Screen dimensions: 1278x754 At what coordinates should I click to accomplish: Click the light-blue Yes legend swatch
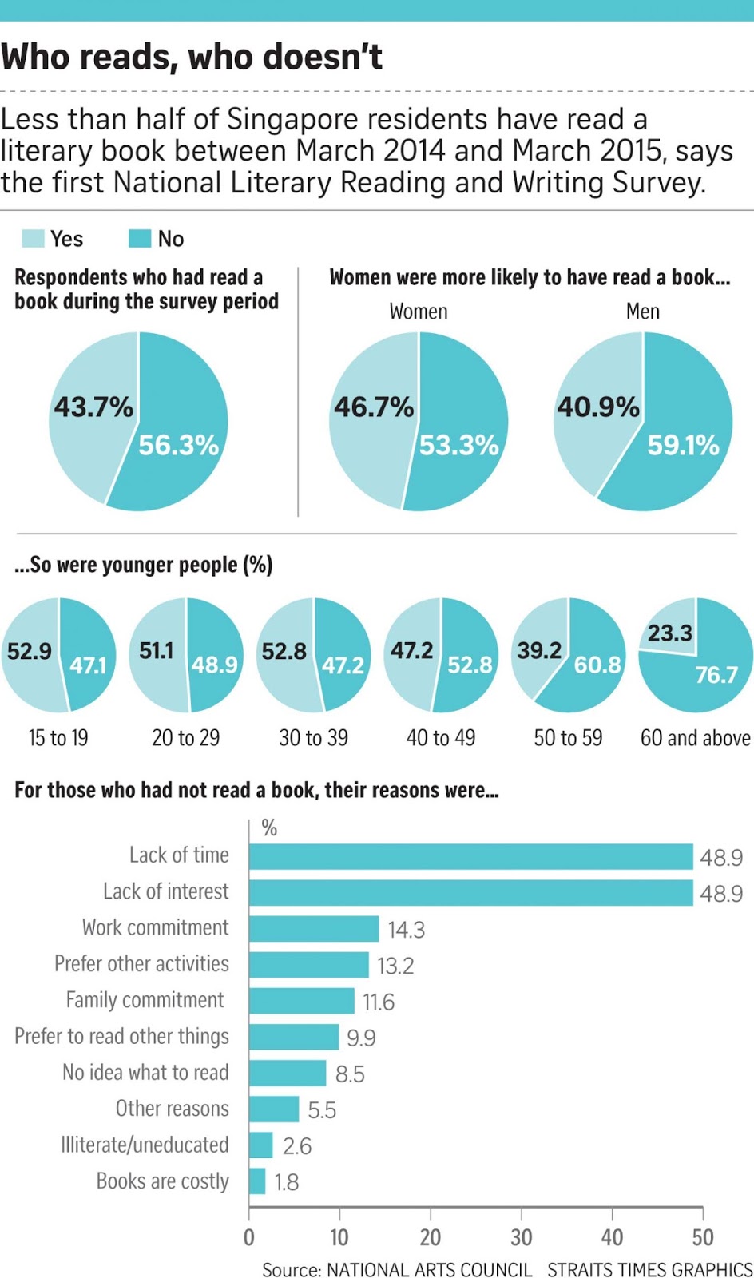33,239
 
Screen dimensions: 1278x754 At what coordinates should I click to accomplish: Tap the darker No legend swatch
140,239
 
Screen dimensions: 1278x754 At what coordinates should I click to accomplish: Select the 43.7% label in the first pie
93,407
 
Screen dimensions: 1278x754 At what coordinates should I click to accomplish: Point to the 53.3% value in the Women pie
458,445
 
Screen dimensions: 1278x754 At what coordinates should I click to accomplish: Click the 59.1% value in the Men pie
683,445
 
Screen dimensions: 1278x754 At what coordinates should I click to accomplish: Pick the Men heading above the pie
643,312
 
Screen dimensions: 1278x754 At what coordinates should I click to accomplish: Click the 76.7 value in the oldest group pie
716,675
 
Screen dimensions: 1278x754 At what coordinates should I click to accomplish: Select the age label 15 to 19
58,738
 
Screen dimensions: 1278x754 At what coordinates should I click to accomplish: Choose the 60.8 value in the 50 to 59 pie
597,665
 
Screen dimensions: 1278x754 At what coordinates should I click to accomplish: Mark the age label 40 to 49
441,738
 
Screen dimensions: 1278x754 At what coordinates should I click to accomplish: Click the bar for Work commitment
314,929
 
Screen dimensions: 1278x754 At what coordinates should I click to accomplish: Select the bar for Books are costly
257,1181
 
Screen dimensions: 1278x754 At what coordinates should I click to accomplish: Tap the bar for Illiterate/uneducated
261,1145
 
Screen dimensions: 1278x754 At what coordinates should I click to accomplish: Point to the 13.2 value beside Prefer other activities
395,966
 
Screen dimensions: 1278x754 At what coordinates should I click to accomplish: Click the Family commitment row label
145,1000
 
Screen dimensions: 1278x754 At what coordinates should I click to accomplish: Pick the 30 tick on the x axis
522,1237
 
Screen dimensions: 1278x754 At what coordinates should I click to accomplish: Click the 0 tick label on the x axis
249,1237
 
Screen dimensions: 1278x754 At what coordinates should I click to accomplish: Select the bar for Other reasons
274,1109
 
